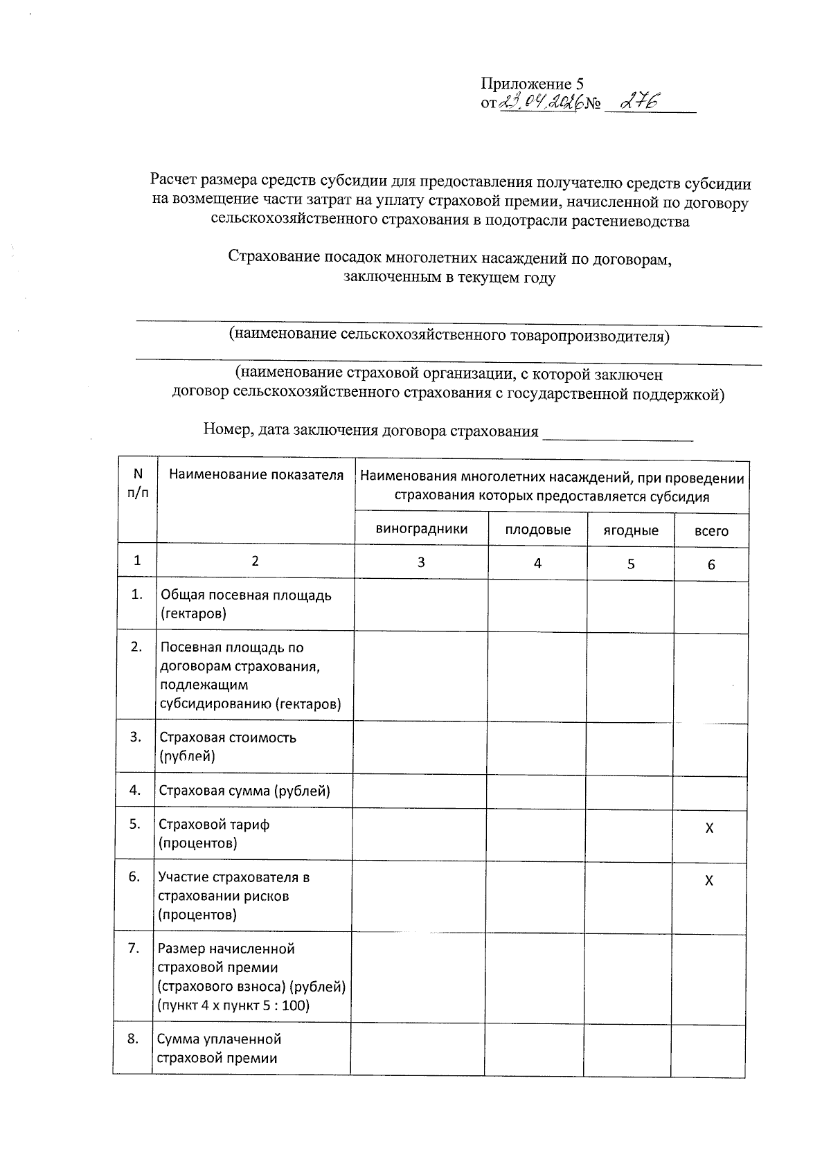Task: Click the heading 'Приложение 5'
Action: [532, 84]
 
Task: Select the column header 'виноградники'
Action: [421, 529]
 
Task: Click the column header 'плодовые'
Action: [537, 530]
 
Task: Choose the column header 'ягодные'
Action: [630, 530]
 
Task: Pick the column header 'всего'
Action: [711, 531]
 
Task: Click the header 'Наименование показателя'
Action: [256, 475]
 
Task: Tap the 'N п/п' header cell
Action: [137, 483]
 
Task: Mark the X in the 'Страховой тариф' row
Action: [708, 828]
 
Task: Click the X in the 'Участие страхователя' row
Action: [708, 881]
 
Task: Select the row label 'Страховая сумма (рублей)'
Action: [244, 791]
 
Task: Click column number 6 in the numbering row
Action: [711, 564]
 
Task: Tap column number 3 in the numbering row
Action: [421, 562]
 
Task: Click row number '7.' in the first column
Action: [134, 948]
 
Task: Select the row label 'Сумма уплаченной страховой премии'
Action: [218, 1048]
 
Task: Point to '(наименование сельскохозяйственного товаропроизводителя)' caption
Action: [449, 337]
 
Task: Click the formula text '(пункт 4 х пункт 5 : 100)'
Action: [233, 1005]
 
